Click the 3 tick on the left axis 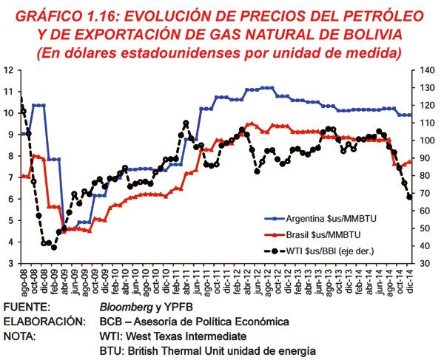click(10, 263)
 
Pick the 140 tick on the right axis click(426, 70)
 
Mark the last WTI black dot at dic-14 click(409, 197)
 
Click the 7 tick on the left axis click(10, 177)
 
